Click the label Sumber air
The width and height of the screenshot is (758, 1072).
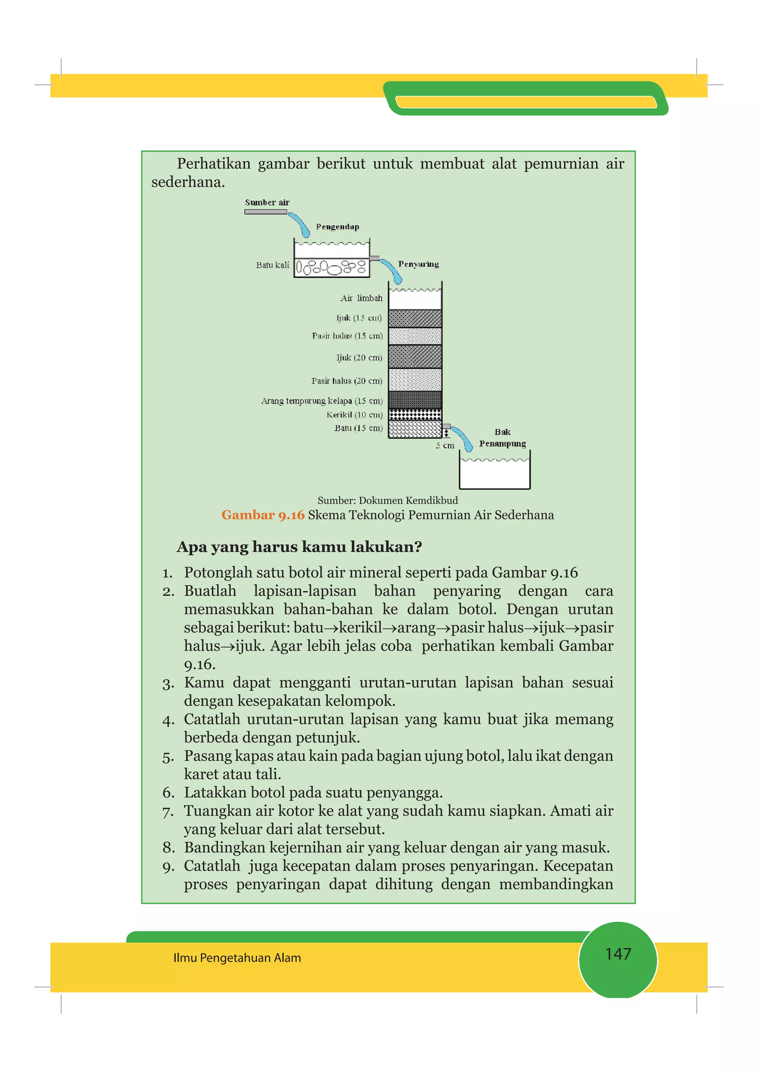coord(267,202)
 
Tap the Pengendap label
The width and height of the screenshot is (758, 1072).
coord(337,226)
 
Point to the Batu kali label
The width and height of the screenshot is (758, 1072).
coord(272,265)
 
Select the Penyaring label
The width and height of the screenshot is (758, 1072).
coord(418,264)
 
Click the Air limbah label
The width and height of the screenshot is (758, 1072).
coord(361,298)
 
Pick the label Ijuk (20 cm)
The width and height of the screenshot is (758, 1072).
coord(359,358)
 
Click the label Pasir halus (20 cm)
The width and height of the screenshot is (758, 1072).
coord(346,381)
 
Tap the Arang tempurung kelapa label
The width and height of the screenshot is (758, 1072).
coord(321,401)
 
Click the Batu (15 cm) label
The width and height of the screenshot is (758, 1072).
coord(358,428)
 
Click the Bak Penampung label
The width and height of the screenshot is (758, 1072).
coord(502,438)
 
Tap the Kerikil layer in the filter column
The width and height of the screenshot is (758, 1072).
coord(415,415)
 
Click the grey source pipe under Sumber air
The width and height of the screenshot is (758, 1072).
coord(265,212)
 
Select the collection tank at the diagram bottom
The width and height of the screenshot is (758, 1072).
coord(494,474)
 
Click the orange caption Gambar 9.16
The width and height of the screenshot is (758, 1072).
coord(262,515)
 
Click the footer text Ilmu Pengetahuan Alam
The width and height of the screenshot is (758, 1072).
coord(237,958)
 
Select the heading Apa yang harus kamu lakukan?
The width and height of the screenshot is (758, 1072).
coord(299,546)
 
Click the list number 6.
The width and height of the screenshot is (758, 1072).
coord(168,793)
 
